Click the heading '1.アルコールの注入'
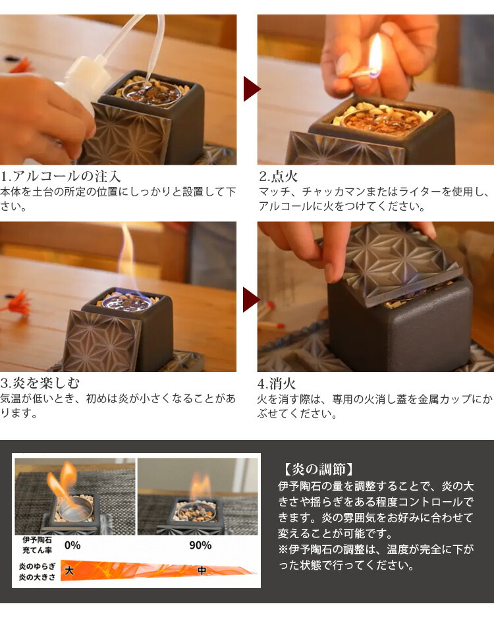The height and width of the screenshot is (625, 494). [x=61, y=177]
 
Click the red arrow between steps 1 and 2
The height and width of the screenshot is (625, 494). [x=250, y=89]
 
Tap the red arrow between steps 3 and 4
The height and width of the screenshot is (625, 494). [x=250, y=299]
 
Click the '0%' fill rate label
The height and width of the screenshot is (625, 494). [x=72, y=545]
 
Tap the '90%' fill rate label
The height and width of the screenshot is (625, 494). [x=200, y=545]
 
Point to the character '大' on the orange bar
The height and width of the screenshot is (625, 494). [x=70, y=570]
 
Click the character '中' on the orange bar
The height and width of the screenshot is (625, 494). [x=202, y=570]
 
